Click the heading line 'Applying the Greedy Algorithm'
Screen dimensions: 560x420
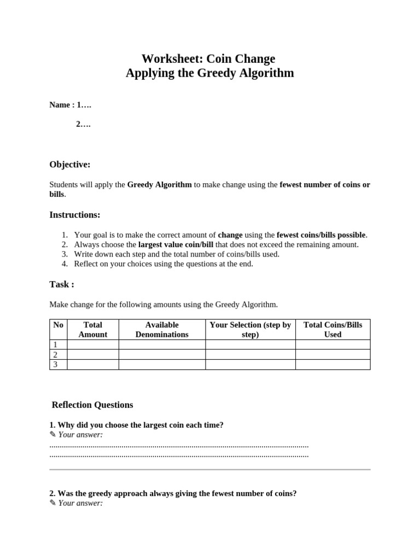(209, 73)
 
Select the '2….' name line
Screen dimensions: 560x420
(83, 124)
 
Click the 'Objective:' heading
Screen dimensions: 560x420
(70, 165)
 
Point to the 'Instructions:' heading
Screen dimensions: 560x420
(75, 215)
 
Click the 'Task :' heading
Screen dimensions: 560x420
(62, 284)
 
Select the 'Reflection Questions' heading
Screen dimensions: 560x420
(92, 405)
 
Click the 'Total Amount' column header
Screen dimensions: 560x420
(93, 330)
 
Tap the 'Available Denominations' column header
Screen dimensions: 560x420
(162, 330)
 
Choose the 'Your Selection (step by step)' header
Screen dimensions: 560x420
(250, 330)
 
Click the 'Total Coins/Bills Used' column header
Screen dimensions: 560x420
(332, 330)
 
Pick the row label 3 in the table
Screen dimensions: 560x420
(55, 365)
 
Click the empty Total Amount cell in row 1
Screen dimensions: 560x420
(93, 345)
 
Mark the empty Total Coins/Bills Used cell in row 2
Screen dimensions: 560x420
(332, 354)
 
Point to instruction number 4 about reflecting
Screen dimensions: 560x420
(164, 264)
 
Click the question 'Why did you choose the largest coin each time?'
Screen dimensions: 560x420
(136, 425)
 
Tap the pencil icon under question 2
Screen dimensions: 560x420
(52, 503)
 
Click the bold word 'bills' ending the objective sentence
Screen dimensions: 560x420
(57, 194)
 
